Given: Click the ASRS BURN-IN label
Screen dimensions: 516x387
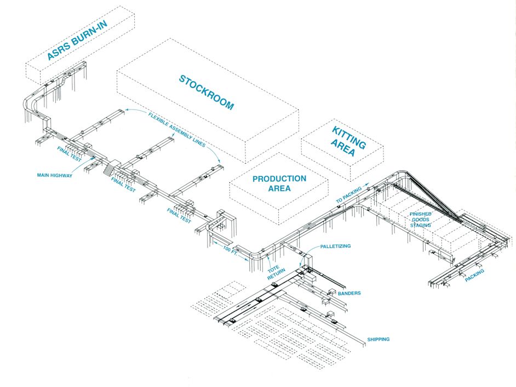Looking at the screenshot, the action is point(78,40).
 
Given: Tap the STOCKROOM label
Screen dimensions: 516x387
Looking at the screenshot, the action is point(207,93).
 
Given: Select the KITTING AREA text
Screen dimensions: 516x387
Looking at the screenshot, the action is point(348,142).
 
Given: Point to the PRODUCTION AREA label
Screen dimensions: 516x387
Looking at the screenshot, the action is point(279,183).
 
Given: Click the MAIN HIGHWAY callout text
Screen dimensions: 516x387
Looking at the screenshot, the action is point(54,175).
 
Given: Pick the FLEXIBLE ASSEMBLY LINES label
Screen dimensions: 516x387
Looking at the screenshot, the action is point(177,130).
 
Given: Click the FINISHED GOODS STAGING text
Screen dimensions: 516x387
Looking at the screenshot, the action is point(420,220).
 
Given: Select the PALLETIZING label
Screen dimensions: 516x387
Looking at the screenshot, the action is point(335,246).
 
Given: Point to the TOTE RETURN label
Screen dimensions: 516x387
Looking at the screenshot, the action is point(276,273).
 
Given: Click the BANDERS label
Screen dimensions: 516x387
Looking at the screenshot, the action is point(349,293).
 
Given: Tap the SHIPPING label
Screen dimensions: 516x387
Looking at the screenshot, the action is point(378,339).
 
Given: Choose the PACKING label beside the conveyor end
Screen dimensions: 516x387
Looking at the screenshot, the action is point(474,275).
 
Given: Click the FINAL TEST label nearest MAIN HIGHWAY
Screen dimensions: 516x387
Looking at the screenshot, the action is point(69,154).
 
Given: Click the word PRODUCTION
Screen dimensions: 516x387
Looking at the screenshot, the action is point(279,179).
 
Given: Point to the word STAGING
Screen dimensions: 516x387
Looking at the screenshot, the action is point(420,225).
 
